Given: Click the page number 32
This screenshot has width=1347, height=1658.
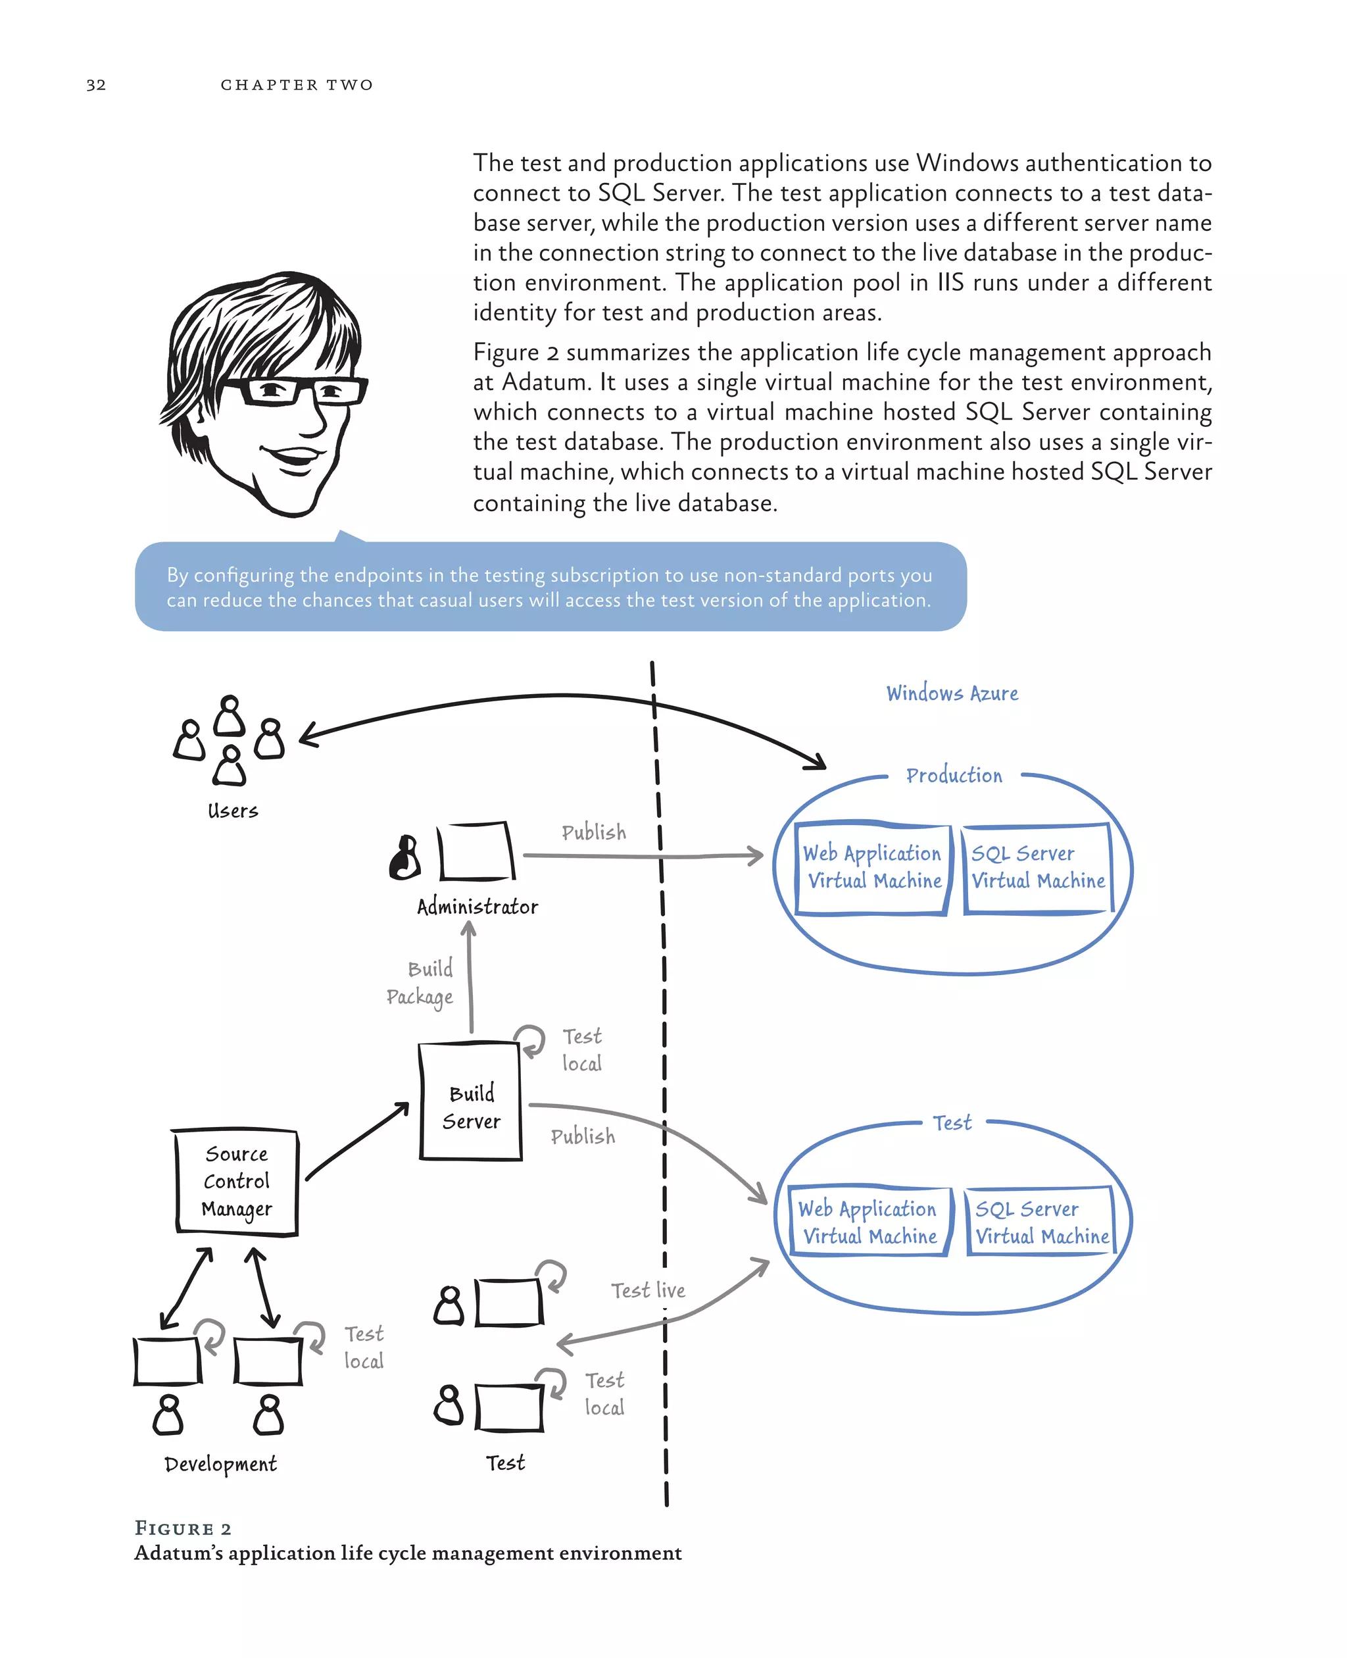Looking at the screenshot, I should tap(96, 85).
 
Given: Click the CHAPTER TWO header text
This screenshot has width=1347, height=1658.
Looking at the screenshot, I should tap(297, 85).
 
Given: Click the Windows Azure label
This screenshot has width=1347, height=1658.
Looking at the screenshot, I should tap(952, 693).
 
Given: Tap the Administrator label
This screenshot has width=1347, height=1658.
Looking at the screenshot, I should tap(478, 907).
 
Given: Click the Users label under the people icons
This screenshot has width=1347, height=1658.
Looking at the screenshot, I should tap(233, 811).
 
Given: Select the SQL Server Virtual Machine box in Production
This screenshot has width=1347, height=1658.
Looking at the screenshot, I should tap(1038, 868).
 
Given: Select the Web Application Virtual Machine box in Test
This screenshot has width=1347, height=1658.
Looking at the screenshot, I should tap(869, 1222).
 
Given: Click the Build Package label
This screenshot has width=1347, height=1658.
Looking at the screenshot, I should tap(420, 983).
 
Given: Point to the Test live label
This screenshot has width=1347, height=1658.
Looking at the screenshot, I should tap(648, 1290).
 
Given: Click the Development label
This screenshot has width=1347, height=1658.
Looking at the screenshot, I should tap(220, 1464).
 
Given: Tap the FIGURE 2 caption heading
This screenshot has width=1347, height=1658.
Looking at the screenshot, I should tap(183, 1528).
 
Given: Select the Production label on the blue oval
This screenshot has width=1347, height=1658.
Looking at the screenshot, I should tap(954, 776).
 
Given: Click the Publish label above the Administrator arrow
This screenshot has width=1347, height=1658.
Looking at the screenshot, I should tap(593, 832).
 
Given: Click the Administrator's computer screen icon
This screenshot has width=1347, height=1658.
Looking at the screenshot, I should tap(476, 851).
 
